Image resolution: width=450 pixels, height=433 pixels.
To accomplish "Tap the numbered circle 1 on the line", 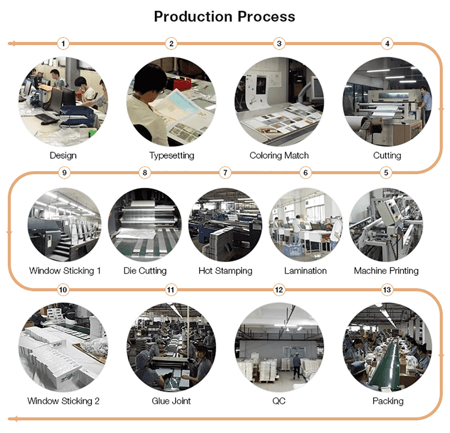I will tap(63, 44).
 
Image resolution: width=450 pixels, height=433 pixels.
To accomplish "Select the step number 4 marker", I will tap(387, 44).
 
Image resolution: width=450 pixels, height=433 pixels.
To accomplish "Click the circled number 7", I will tap(225, 173).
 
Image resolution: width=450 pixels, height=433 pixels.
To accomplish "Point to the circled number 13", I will tap(387, 290).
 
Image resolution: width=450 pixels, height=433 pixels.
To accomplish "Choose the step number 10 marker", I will tap(63, 290).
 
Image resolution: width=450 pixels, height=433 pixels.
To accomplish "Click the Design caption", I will tap(63, 155).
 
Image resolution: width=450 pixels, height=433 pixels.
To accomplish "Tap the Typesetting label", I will tap(171, 155).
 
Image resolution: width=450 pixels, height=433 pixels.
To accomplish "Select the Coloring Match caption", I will tap(279, 155).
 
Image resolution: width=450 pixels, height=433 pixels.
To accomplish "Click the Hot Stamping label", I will tap(225, 271).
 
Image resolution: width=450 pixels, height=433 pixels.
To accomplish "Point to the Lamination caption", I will tap(305, 271).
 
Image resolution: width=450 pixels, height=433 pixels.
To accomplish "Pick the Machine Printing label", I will tap(386, 271).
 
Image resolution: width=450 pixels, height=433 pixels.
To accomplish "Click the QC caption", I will tap(279, 401).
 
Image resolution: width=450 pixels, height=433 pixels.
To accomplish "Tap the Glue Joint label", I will tap(171, 401).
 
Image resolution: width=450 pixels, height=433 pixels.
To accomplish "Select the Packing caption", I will tap(388, 401).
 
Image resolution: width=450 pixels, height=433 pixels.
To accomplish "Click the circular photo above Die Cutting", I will tap(145, 224).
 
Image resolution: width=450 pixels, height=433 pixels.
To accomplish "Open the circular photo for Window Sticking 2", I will tap(63, 347).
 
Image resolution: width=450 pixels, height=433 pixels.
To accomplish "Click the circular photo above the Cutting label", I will tap(387, 101).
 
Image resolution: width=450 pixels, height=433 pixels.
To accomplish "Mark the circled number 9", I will tap(64, 173).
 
